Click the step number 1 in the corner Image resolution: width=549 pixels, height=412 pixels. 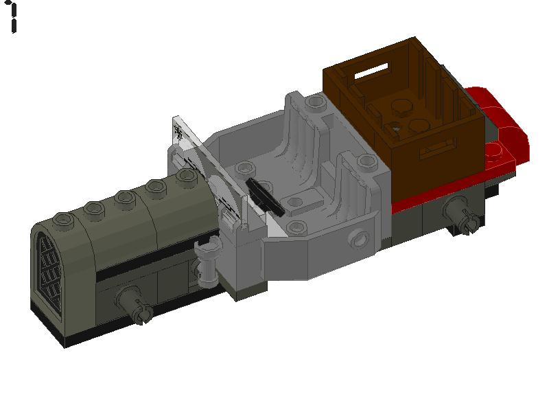(13, 18)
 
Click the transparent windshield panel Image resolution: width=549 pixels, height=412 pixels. (206, 172)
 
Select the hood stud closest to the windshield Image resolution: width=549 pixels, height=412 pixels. (185, 176)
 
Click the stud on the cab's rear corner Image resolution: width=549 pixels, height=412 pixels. (315, 104)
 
